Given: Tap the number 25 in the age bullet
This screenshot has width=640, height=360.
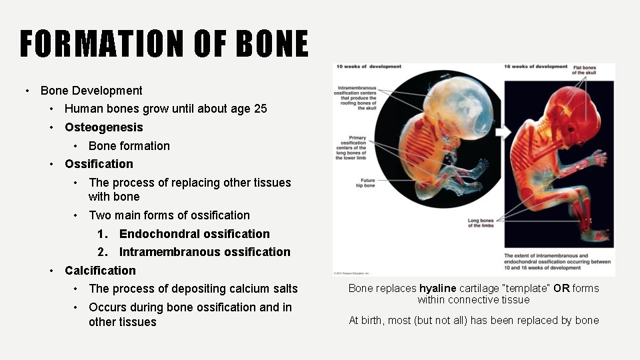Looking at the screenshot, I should pos(260,109).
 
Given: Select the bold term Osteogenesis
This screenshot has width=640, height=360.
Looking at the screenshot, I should pos(103,127).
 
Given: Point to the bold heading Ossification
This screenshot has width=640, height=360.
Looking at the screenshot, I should pos(99,164).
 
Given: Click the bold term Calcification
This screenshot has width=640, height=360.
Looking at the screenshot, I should pos(100,271).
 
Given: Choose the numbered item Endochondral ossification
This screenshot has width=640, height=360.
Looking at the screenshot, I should pos(194,234).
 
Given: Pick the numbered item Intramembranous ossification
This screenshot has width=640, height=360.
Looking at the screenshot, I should pos(204,252).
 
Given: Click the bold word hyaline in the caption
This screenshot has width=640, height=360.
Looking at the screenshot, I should pos(437,289).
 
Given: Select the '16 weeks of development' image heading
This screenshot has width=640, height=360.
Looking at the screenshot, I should pos(536,67).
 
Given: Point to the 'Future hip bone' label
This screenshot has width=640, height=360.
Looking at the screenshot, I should pos(367,183).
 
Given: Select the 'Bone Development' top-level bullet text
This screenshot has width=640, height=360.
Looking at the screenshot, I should pos(91,91).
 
